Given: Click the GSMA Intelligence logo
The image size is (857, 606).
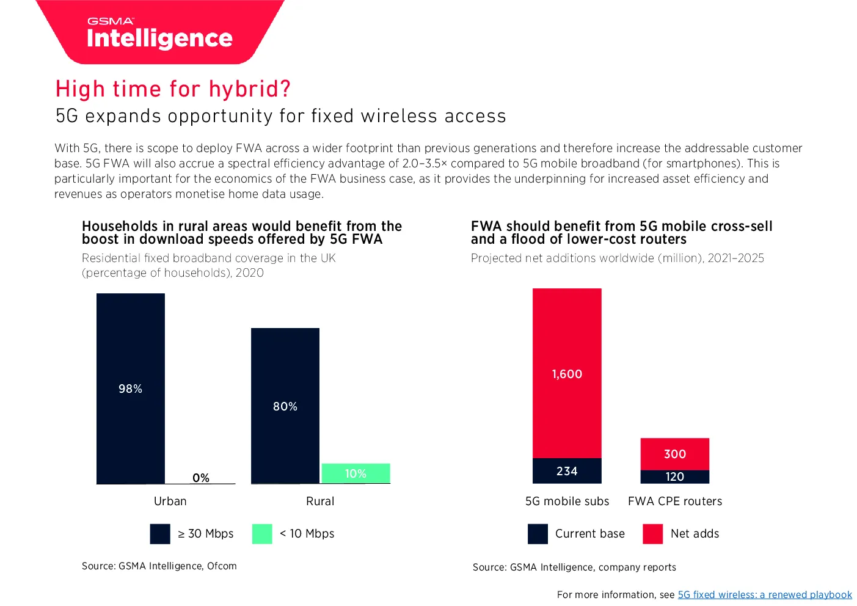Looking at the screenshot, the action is [160, 32].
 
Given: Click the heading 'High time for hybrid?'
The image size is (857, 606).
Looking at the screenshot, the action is [173, 89].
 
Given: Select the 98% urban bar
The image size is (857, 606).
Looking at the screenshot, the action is [131, 389].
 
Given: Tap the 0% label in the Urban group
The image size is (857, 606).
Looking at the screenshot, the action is [200, 478].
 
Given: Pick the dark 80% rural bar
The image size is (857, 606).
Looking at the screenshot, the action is [285, 406].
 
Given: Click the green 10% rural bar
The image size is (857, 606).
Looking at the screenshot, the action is [356, 473].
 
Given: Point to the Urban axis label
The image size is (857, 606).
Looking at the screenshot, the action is [170, 501].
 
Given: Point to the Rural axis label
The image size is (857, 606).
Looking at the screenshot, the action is [320, 501].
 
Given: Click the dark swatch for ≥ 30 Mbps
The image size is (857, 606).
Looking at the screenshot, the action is [160, 534].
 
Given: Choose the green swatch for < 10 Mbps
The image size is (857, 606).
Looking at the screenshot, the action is [262, 534].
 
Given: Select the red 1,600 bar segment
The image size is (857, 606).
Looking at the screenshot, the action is [567, 373].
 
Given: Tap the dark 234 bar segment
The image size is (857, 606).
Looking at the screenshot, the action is [567, 471].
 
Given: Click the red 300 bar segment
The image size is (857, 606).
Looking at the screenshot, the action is [675, 454].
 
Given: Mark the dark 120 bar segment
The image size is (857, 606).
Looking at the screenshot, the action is [675, 476].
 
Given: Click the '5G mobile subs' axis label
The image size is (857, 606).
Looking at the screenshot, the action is [567, 501].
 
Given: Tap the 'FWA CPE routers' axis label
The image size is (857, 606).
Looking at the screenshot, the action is [675, 501].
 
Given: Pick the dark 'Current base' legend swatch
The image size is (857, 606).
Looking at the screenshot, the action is [538, 534].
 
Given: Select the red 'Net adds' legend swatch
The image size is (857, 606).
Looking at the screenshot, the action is [653, 534].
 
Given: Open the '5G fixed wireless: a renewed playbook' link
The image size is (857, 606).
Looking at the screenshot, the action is [765, 594].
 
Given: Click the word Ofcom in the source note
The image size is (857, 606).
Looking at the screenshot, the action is [222, 566].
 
